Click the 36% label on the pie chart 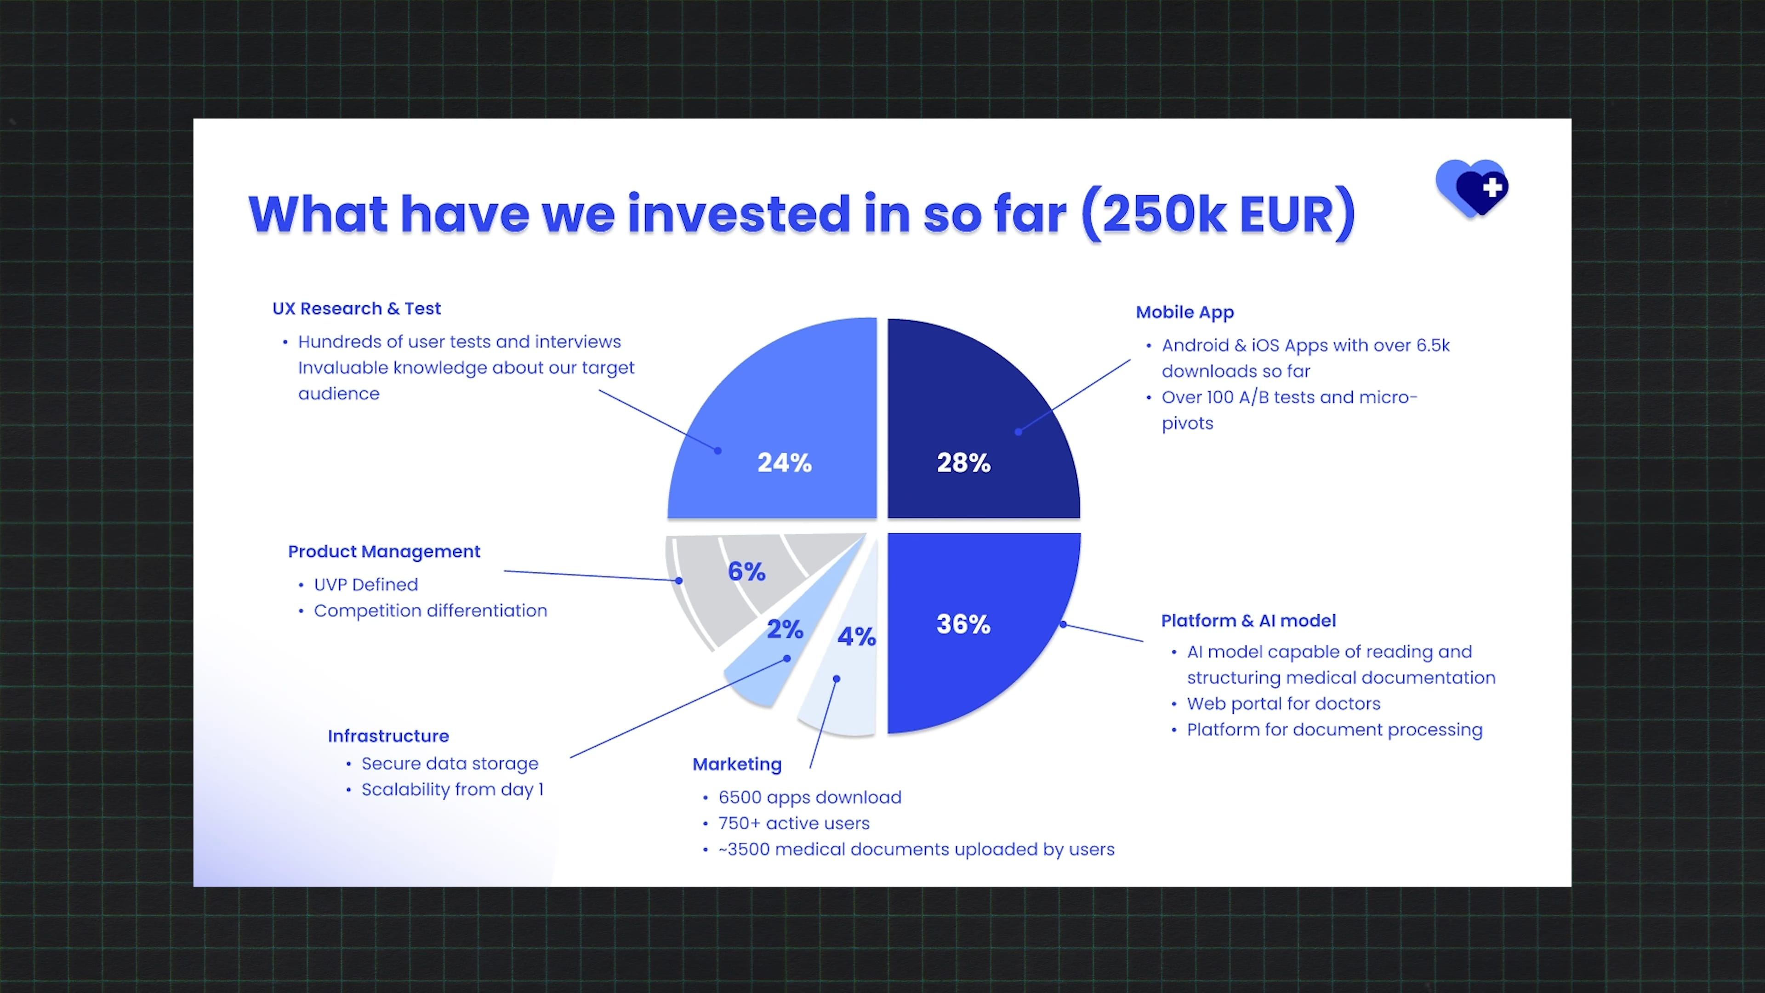tap(963, 624)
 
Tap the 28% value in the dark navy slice tap(963, 462)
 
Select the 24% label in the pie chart tap(785, 462)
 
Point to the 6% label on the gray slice tap(746, 571)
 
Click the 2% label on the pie tap(785, 628)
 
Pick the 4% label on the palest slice tap(856, 636)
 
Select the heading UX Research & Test tap(356, 308)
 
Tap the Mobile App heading tap(1184, 313)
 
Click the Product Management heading tap(384, 552)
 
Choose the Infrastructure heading tap(388, 736)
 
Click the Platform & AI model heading tap(1248, 621)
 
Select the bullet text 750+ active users tap(793, 823)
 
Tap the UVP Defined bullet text tap(366, 585)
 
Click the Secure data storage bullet tap(450, 764)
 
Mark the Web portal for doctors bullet tap(1283, 704)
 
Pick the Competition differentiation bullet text tap(430, 611)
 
